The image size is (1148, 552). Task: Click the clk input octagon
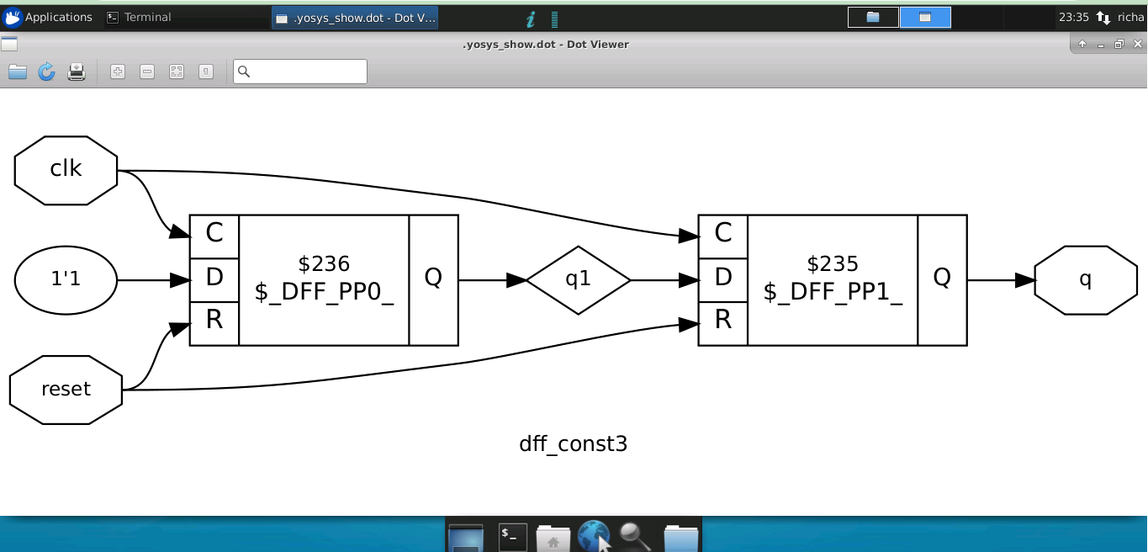(x=66, y=170)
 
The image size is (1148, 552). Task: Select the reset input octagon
(x=66, y=390)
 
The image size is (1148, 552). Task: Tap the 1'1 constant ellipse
(x=66, y=279)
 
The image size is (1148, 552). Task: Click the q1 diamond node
(x=578, y=279)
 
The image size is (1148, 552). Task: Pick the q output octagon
(x=1085, y=279)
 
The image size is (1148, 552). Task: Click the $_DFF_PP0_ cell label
(x=324, y=292)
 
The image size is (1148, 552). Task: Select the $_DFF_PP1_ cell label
(x=833, y=292)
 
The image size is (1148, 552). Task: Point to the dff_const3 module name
(x=573, y=443)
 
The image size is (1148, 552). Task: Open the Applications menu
(x=48, y=17)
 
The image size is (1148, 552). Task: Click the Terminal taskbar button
(x=140, y=17)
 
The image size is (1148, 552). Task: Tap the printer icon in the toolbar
(x=77, y=72)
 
